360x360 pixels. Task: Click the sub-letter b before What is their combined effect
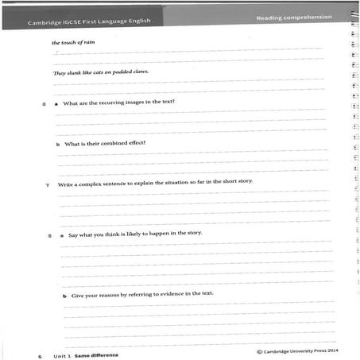click(57, 145)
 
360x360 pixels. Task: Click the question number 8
click(50, 235)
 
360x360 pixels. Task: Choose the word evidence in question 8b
click(169, 294)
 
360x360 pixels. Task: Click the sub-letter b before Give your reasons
click(65, 296)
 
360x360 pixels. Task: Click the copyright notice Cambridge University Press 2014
click(300, 350)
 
